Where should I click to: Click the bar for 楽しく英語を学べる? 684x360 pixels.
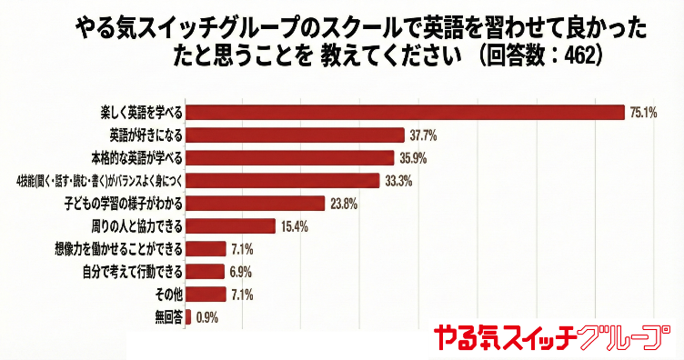point(405,113)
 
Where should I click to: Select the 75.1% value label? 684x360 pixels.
point(643,113)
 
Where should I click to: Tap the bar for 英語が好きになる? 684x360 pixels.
point(295,135)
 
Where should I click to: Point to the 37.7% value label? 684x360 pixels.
point(424,135)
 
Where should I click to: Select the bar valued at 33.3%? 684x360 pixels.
point(282,180)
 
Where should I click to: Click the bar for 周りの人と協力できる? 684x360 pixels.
point(230,225)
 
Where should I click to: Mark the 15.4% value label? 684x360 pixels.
point(294,225)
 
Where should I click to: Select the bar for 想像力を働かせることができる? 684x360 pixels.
point(206,248)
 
